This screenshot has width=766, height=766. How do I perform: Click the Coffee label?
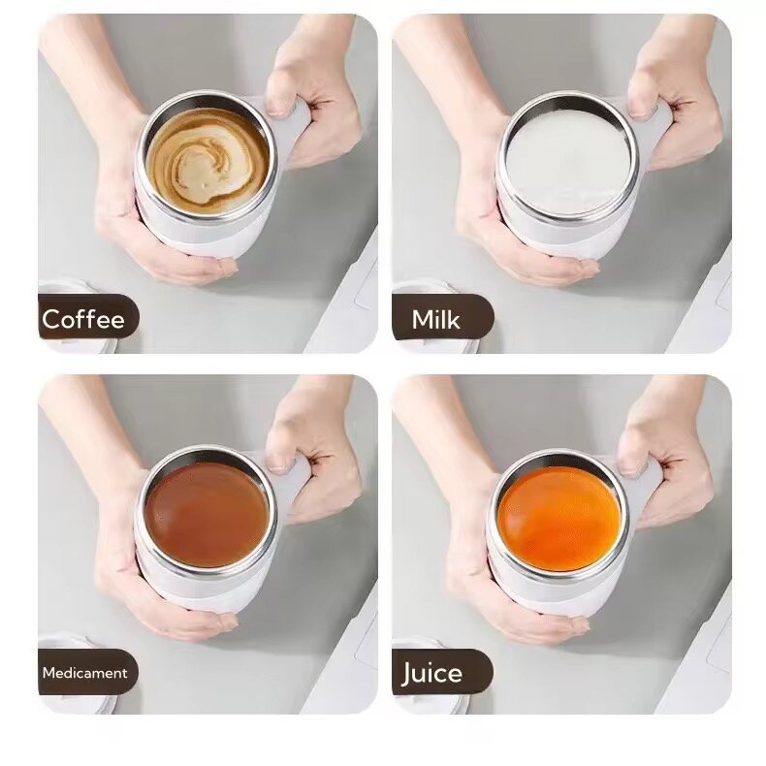pyautogui.click(x=83, y=319)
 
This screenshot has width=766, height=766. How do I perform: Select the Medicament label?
pyautogui.click(x=83, y=672)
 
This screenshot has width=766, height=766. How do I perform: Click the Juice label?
pyautogui.click(x=433, y=672)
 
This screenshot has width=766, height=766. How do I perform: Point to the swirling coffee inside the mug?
pyautogui.click(x=205, y=159)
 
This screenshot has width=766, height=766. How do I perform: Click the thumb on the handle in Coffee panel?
pyautogui.click(x=281, y=97)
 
